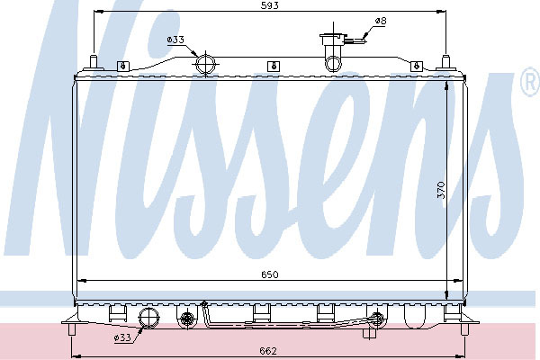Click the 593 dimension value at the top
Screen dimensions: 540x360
[270, 6]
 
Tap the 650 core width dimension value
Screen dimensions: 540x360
[270, 274]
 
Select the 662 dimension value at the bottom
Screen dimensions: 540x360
[268, 351]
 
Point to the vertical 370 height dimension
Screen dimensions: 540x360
[441, 190]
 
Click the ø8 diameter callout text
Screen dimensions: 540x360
[381, 21]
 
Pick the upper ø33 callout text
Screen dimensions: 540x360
[175, 40]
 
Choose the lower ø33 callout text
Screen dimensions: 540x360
[122, 337]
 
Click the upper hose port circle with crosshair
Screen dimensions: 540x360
[205, 64]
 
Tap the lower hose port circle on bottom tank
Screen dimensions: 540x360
[148, 318]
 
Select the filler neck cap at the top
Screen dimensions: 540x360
[332, 35]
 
